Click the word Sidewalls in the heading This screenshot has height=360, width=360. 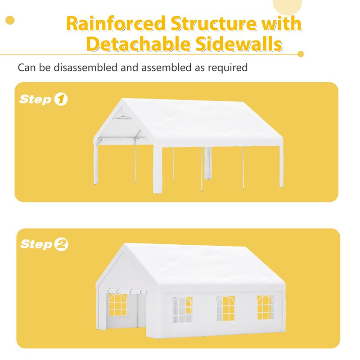[239, 44]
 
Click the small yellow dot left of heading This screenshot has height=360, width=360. [9, 20]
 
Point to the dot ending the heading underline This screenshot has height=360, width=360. [301, 54]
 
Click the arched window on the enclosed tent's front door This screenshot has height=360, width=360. [118, 305]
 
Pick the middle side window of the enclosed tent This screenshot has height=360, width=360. [225, 308]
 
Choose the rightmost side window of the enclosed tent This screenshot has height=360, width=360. [265, 307]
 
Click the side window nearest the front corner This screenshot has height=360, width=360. [182, 310]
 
